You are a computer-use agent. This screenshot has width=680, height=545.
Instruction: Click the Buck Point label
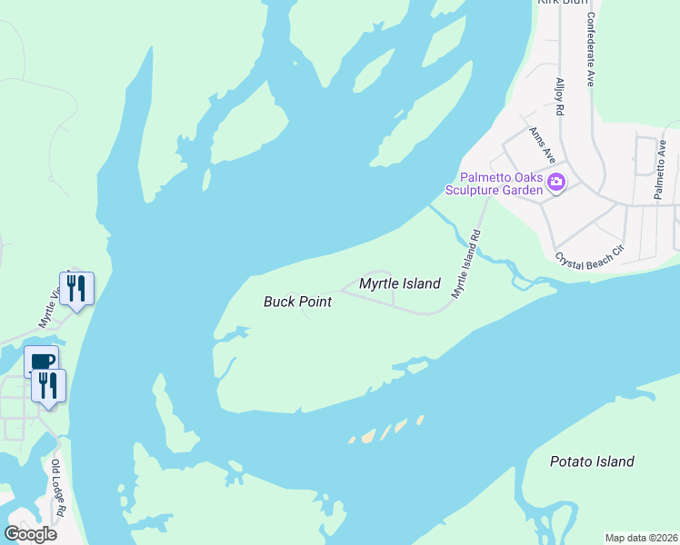point(297,302)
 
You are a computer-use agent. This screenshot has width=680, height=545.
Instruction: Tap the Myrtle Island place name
point(399,283)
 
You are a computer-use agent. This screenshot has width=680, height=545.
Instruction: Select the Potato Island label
point(592,461)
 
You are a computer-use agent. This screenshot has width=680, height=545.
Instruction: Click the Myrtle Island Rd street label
point(465,263)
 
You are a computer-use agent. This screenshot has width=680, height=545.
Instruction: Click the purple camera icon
point(556,183)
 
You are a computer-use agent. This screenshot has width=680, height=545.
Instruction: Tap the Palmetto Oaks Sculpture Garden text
point(502,183)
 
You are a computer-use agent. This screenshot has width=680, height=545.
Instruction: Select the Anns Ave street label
point(543,144)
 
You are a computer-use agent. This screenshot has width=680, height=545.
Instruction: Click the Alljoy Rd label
point(560,96)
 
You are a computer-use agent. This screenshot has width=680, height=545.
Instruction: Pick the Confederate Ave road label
point(590,50)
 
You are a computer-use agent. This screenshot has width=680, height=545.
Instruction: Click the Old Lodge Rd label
point(57,488)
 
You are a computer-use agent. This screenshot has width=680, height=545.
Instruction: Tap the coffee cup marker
point(42,361)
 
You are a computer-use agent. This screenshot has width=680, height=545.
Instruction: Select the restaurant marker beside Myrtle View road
point(76,289)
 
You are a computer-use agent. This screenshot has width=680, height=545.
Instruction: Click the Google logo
point(30,533)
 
